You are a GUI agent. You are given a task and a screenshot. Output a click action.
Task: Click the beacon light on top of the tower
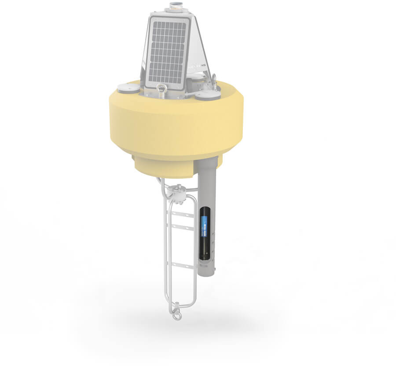click(x=176, y=7)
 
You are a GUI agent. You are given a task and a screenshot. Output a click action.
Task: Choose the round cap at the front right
click(x=208, y=95)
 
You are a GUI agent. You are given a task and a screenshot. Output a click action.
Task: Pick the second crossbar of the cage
click(x=182, y=226)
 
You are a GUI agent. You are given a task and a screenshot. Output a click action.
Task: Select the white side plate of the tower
click(x=196, y=48)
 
